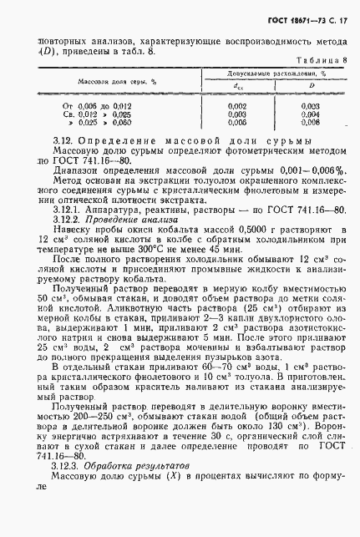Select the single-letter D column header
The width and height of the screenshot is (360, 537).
(x=310, y=85)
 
